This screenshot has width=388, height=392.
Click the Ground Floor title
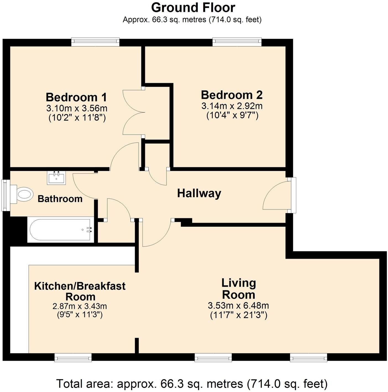point(193,7)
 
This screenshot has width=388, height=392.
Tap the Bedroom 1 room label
point(76,97)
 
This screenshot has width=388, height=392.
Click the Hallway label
point(199,193)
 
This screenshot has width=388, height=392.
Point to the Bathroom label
point(60,199)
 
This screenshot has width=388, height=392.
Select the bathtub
point(60,230)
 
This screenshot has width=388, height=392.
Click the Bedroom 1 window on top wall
point(95,42)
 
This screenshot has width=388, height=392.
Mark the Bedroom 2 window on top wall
point(237,42)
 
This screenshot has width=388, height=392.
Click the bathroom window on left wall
point(5,195)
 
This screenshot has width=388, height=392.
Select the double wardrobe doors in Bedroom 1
point(134,112)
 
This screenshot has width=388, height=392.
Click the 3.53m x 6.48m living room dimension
point(238,306)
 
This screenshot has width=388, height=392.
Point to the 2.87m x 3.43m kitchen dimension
point(80,306)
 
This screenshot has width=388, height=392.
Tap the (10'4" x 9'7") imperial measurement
point(232,115)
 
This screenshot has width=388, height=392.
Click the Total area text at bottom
point(192,384)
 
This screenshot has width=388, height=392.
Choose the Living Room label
point(238,289)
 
